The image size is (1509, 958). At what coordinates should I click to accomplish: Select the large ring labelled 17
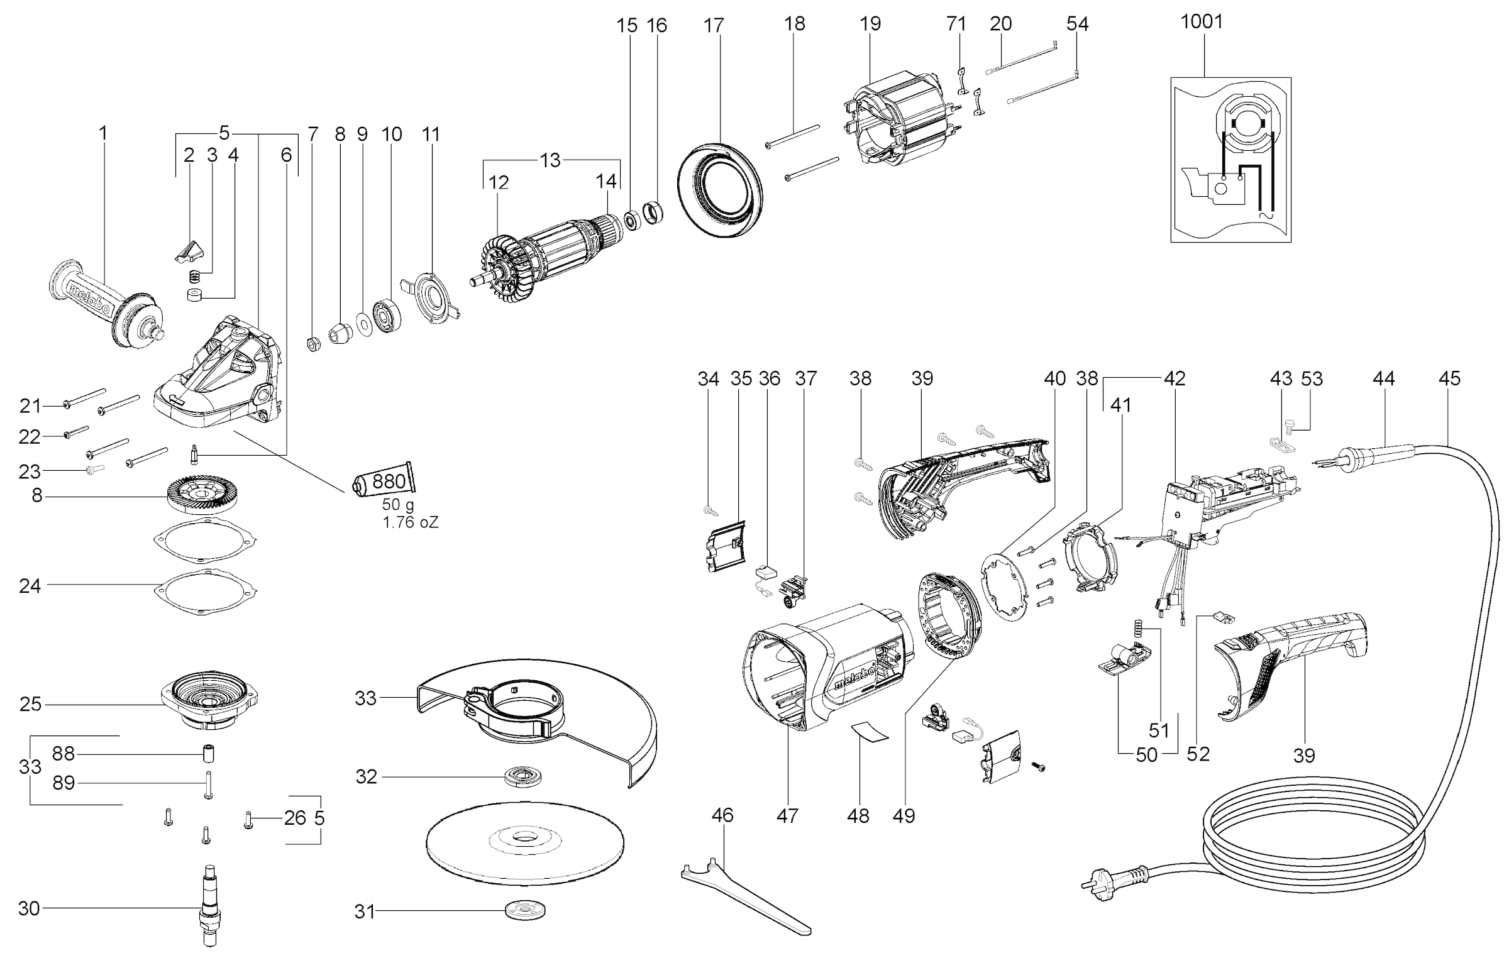719,189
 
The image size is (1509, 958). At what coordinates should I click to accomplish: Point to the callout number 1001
1202,21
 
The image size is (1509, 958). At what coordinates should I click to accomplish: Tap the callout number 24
30,586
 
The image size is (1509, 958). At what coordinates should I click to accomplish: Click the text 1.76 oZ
411,522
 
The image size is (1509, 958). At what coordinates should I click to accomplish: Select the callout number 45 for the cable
1449,378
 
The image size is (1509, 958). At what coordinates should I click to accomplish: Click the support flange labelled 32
522,775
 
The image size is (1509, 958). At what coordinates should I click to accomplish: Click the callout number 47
787,815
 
